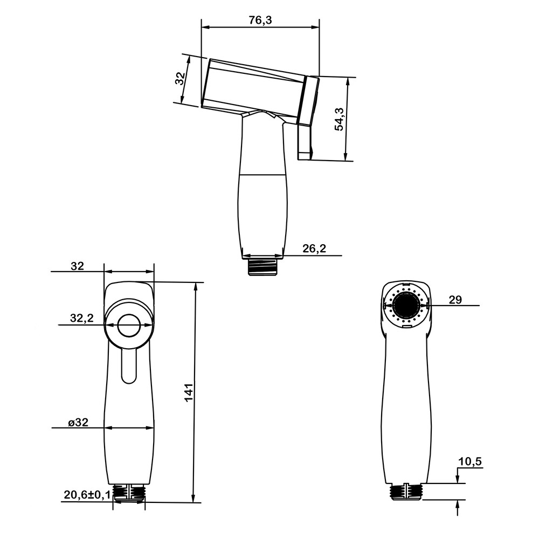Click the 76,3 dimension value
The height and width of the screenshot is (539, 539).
point(260,20)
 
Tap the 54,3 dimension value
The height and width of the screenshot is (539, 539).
point(339,119)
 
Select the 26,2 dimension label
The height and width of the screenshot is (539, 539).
point(314,248)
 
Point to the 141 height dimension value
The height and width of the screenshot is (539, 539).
point(189,392)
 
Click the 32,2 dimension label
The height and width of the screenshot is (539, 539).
point(82,318)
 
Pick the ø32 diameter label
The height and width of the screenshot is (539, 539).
point(78,422)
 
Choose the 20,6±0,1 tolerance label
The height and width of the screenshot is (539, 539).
point(87,495)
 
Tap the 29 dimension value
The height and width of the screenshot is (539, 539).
point(455,300)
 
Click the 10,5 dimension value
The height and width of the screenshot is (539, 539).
point(470,462)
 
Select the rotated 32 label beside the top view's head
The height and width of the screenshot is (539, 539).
point(180,79)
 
